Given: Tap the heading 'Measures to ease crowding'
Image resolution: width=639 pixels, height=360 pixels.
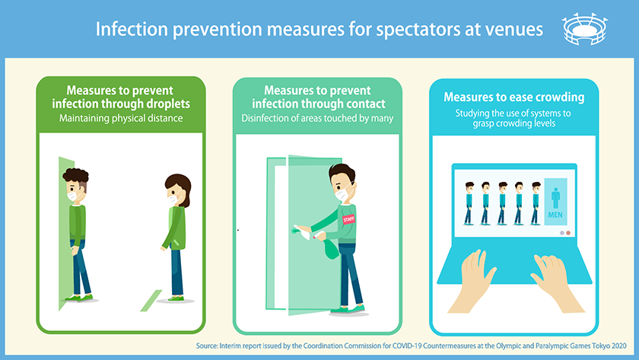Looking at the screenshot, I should click(x=514, y=97).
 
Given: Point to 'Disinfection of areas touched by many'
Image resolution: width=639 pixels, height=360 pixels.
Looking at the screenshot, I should click(x=316, y=118).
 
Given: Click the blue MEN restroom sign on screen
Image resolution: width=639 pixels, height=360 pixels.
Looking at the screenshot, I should click(x=555, y=202).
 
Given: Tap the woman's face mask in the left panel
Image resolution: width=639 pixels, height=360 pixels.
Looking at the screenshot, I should click(x=174, y=200).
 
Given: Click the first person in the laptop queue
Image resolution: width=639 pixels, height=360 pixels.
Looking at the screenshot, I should click(x=467, y=202).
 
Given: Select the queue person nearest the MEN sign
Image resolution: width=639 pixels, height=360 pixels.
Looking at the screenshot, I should click(x=536, y=202).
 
